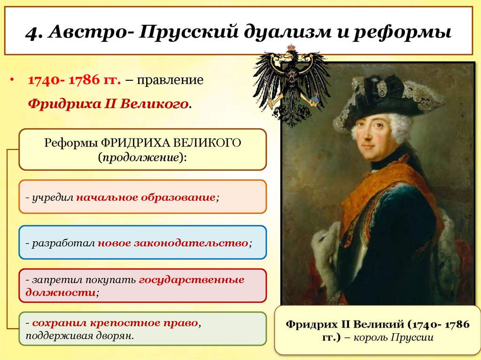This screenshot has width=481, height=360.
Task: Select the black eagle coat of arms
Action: click(292, 84)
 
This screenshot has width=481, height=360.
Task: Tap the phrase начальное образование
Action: click(146, 197)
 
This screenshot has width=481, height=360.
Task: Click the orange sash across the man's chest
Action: click(376, 188)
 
